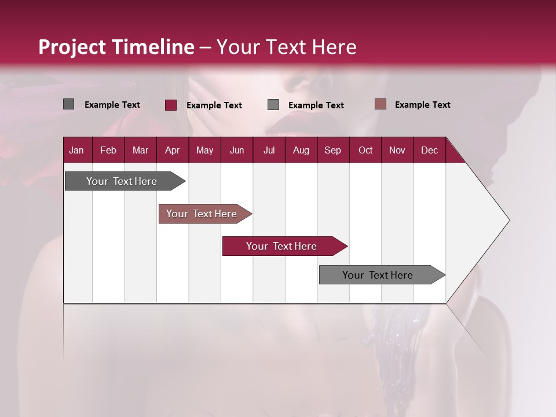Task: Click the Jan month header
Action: pyautogui.click(x=76, y=150)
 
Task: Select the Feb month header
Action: pyautogui.click(x=108, y=150)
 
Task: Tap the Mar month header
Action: pyautogui.click(x=140, y=150)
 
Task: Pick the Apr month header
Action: pyautogui.click(x=172, y=150)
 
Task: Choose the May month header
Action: pyautogui.click(x=204, y=150)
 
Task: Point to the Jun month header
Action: pyautogui.click(x=237, y=150)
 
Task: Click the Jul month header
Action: pyautogui.click(x=269, y=150)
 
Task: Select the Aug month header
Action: pyautogui.click(x=301, y=150)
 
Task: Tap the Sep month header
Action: pyautogui.click(x=333, y=150)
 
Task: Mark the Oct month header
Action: pyautogui.click(x=365, y=150)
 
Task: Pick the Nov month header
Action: pyautogui.click(x=397, y=150)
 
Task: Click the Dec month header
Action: pyautogui.click(x=430, y=150)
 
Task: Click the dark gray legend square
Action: pyautogui.click(x=68, y=104)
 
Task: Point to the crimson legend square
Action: pyautogui.click(x=171, y=105)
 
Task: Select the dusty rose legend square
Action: pyautogui.click(x=380, y=104)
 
